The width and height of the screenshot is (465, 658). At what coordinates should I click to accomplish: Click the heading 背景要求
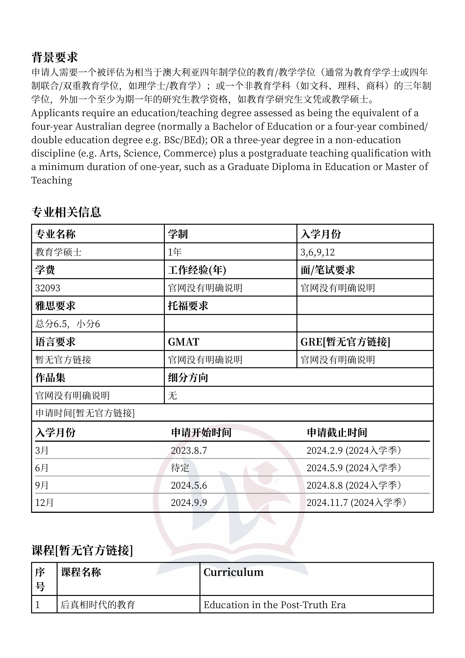click(x=54, y=57)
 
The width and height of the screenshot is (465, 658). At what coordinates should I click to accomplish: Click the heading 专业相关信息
click(x=66, y=212)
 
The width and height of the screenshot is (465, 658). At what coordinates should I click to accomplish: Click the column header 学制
click(x=178, y=234)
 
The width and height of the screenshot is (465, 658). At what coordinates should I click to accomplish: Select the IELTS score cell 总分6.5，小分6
click(x=68, y=324)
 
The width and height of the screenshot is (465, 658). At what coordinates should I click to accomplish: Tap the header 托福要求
click(x=188, y=306)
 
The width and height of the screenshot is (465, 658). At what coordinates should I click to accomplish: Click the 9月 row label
click(x=42, y=485)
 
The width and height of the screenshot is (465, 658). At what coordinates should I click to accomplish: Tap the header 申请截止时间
click(x=337, y=433)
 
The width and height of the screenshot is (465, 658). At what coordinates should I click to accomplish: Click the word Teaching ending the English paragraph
click(x=52, y=180)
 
